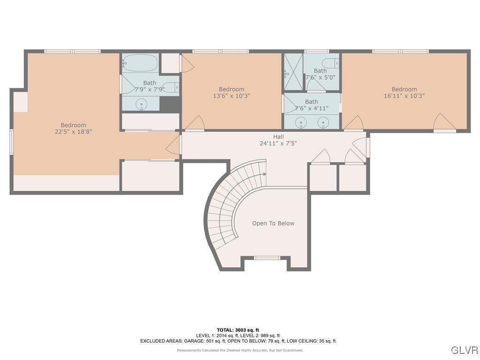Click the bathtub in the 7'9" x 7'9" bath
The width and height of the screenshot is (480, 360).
(x=140, y=63)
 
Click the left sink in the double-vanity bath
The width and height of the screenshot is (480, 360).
(x=301, y=123)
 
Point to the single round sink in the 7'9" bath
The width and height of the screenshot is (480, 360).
(x=141, y=104)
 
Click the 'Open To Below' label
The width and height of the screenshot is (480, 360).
(x=273, y=223)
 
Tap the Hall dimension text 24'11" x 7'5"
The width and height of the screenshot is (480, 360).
(x=278, y=143)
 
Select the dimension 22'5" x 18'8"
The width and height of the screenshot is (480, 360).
(x=73, y=132)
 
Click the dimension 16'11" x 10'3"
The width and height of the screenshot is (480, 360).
(x=404, y=96)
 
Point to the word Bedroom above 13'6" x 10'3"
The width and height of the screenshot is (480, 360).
(x=232, y=89)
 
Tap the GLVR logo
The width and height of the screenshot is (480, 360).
(x=464, y=350)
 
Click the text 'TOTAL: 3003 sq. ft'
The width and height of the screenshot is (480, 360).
(x=238, y=330)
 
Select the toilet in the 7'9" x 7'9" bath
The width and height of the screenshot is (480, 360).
(x=172, y=87)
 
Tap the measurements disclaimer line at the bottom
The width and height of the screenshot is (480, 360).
(x=240, y=350)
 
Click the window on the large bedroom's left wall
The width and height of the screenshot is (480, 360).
(x=12, y=142)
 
